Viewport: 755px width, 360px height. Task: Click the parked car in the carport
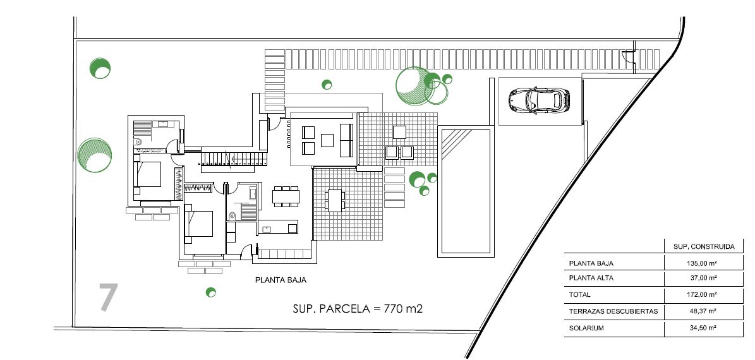(x=539, y=100)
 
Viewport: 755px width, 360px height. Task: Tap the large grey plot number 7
(x=108, y=297)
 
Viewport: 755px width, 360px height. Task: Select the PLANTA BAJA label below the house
(x=281, y=280)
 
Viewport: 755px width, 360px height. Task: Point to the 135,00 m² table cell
(x=704, y=263)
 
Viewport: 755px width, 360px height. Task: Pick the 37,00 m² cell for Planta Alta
(x=704, y=278)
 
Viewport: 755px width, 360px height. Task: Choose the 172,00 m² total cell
(x=704, y=294)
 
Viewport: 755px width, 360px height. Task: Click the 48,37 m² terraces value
(x=704, y=311)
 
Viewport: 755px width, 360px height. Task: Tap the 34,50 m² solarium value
(x=704, y=328)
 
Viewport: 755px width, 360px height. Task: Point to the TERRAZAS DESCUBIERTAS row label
(x=613, y=311)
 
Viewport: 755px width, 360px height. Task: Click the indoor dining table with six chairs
(x=286, y=196)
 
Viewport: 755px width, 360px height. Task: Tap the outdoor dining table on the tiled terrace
(x=335, y=200)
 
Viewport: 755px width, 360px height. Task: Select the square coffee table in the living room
(x=327, y=140)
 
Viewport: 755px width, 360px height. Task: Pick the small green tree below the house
(x=211, y=292)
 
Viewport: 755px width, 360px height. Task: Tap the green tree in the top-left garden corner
(x=100, y=68)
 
